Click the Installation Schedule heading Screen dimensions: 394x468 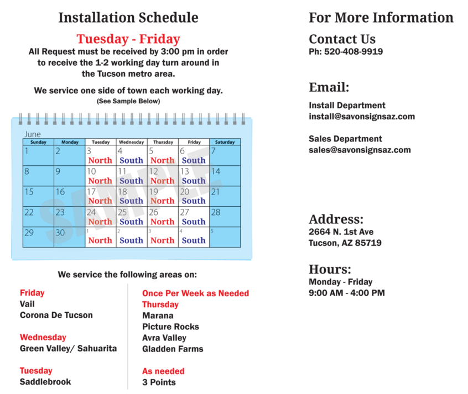pos(128,18)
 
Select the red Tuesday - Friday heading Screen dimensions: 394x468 pos(128,39)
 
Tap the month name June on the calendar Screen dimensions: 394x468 pos(33,134)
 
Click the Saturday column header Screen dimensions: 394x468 pos(225,142)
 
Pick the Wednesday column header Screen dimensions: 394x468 pos(131,142)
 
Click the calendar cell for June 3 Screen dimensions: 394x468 pos(100,155)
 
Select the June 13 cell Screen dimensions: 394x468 pos(194,176)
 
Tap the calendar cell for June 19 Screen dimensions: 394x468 pos(162,196)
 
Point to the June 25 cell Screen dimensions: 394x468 pos(131,217)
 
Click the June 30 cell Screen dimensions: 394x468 pos(69,237)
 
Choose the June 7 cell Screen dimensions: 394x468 pos(225,155)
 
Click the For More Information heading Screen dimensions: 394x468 pos(381,18)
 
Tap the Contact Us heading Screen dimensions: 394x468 pos(342,39)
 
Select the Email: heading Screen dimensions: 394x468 pos(329,87)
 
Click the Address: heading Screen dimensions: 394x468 pos(336,218)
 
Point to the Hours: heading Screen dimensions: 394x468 pos(329,269)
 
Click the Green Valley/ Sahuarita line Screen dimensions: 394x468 pos(68,349)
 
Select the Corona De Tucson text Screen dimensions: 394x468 pos(56,316)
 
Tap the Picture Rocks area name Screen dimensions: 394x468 pos(170,327)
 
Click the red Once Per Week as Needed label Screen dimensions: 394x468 pos(195,293)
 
